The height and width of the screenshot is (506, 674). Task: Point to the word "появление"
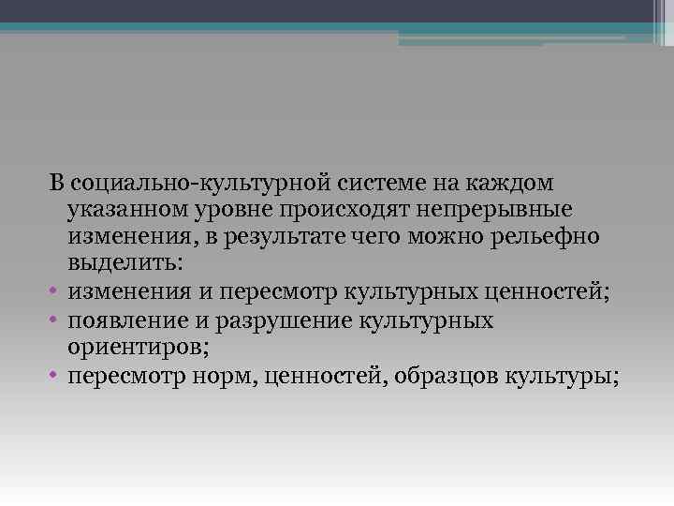(x=121, y=320)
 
